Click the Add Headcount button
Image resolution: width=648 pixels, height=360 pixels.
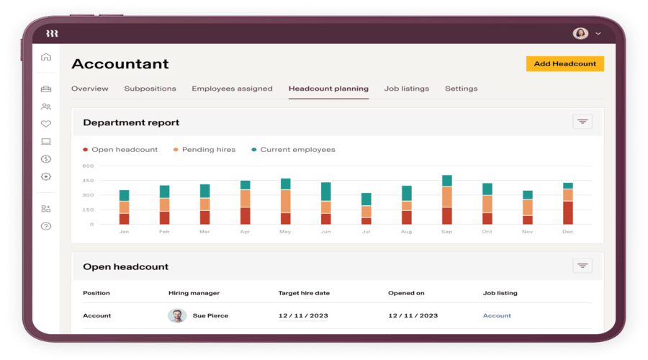tap(564, 63)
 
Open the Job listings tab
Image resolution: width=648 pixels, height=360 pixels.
tap(406, 89)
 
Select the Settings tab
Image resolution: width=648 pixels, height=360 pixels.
tap(461, 89)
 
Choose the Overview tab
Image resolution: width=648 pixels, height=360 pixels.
tap(90, 89)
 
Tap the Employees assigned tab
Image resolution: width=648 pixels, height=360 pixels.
tap(232, 89)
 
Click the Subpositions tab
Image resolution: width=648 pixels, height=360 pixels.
tap(150, 89)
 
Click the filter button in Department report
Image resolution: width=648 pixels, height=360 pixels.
tap(582, 122)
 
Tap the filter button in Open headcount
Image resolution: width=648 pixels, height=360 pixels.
tap(582, 266)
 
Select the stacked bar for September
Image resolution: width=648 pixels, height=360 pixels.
tap(447, 200)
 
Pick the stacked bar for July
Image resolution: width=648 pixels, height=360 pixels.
tap(366, 209)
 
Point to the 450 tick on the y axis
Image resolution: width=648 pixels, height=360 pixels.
tap(88, 180)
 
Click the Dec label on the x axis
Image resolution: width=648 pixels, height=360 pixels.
tap(568, 232)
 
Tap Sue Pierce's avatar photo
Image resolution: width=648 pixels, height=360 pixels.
tap(177, 315)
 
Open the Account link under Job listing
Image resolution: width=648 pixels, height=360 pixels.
tap(497, 315)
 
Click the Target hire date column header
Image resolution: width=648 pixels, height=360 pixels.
tap(304, 293)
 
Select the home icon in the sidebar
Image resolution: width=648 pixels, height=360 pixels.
tap(46, 57)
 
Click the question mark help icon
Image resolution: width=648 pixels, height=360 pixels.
tap(46, 226)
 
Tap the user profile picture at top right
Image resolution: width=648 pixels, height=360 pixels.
tap(580, 33)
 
